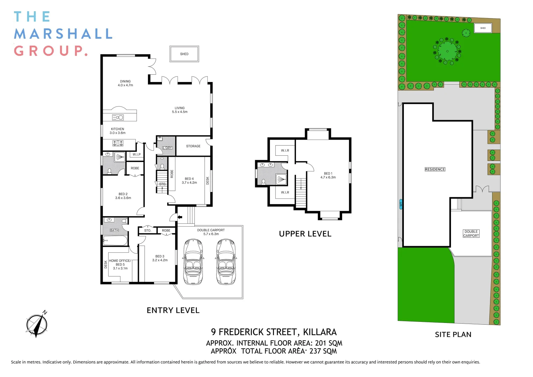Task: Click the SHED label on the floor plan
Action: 184,54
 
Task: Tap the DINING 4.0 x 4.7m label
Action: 125,83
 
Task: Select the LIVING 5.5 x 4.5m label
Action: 179,110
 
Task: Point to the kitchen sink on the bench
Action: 118,118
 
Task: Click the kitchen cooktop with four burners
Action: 118,143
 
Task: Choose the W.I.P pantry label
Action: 136,154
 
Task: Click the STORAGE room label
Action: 193,146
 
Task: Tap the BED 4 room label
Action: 189,180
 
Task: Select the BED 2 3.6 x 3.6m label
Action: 123,196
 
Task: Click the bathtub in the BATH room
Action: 115,241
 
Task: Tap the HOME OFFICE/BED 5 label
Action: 120,264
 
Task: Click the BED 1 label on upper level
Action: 328,175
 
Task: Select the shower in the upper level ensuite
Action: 281,179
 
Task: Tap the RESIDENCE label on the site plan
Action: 435,169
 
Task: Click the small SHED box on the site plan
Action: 483,28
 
